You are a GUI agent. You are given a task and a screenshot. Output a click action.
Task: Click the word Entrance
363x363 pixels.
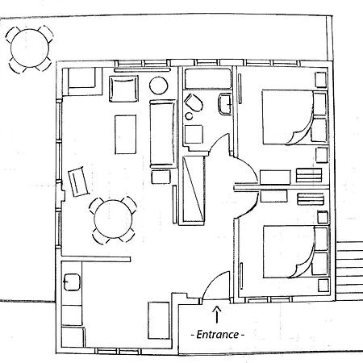coord(218,335)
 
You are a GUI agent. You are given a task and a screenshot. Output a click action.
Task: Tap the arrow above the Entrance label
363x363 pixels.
coord(217,314)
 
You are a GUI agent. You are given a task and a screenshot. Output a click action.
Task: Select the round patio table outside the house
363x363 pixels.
coord(30,48)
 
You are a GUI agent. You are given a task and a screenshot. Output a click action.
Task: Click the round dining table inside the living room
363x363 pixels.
coord(113,219)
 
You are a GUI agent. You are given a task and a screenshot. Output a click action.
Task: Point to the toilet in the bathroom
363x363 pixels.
coord(194,102)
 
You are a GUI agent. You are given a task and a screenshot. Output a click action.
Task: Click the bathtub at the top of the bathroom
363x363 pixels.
coord(208,79)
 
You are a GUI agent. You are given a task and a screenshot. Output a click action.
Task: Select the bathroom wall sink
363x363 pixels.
coord(225,103)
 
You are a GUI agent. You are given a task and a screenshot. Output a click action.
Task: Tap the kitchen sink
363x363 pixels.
coord(72,282)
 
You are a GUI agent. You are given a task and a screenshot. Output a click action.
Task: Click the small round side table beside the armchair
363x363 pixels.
coord(159,86)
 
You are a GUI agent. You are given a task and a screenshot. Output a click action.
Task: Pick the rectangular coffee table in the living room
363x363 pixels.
coord(126,135)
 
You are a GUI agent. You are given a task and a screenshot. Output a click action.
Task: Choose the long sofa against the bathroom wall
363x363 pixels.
coord(163,134)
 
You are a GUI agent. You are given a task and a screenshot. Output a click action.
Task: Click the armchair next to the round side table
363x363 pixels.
coord(123,89)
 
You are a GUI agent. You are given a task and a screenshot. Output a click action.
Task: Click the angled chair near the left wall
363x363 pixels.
coord(78,181)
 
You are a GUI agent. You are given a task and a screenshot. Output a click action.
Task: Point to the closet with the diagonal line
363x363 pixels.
coord(194,189)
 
